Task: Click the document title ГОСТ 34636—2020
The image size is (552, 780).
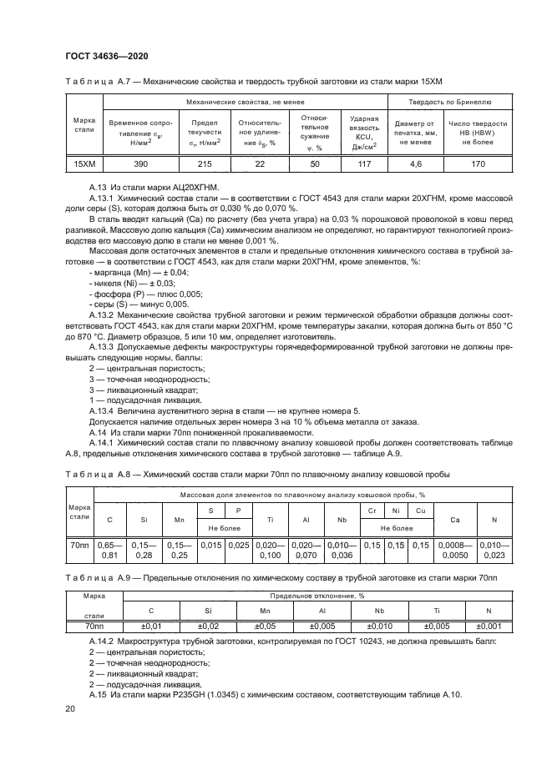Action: (x=101, y=56)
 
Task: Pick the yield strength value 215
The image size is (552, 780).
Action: (x=205, y=164)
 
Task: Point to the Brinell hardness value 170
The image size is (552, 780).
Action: (x=478, y=164)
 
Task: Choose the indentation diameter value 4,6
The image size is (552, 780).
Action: (x=418, y=164)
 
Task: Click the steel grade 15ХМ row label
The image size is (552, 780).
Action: (x=84, y=164)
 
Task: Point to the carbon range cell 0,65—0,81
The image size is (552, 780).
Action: (x=109, y=550)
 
